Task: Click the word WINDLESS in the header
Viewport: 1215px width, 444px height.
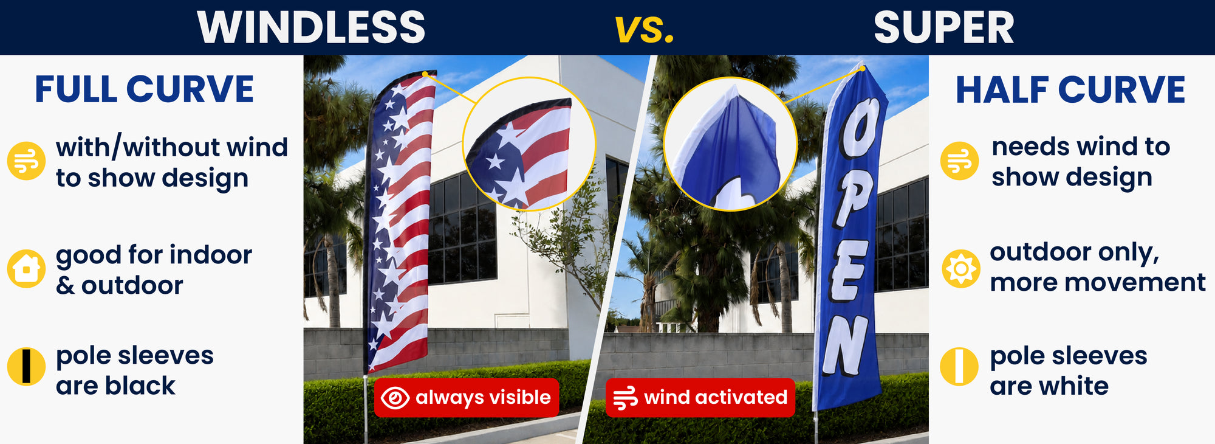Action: (311, 27)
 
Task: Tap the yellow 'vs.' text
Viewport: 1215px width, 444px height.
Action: (645, 29)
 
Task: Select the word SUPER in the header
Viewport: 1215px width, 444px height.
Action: (944, 28)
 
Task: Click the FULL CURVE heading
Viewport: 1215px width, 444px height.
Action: (145, 89)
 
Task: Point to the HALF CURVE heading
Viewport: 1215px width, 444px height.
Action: (1070, 89)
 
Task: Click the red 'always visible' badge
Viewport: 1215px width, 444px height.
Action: (466, 398)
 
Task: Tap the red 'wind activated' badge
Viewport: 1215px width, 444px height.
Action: (700, 398)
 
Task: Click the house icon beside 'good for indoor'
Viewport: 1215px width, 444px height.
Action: (26, 268)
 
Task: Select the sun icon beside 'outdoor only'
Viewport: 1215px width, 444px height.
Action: (960, 268)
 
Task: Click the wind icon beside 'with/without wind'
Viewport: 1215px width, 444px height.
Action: (26, 161)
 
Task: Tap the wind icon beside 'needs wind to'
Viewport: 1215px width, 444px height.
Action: (960, 161)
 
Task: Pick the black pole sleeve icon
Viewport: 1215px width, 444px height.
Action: (26, 367)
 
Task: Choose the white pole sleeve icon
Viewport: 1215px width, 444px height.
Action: (959, 367)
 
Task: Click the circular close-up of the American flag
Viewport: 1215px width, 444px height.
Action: (529, 144)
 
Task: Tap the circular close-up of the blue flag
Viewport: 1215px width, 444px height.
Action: (730, 144)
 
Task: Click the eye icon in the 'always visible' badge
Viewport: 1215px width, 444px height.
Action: (395, 398)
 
